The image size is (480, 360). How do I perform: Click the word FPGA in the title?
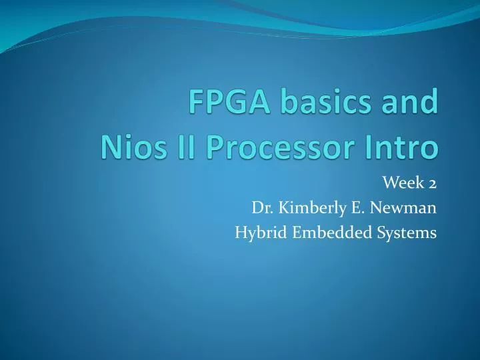coord(225,105)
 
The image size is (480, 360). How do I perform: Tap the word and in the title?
coord(408,105)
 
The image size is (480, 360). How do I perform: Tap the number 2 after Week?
coord(433,184)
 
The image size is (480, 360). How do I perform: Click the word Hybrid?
coord(256,233)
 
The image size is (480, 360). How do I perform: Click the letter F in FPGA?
coord(195,105)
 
